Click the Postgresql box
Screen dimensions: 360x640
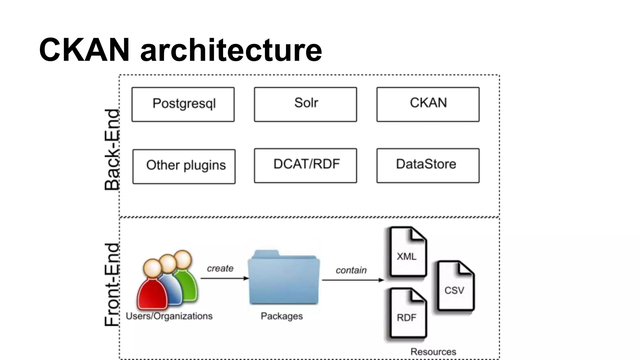click(x=183, y=104)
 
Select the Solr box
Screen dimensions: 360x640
click(x=305, y=104)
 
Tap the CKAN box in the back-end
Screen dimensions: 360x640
click(x=428, y=104)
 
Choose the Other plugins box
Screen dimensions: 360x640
click(x=184, y=166)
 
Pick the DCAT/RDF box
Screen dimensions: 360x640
click(x=305, y=166)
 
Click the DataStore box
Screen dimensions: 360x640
click(x=428, y=166)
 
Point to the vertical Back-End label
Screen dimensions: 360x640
click(x=112, y=149)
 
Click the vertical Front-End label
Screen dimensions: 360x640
click(x=112, y=284)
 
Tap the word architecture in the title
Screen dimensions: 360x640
click(x=231, y=50)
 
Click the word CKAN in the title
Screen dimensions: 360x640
click(x=84, y=50)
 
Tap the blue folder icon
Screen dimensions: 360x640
click(x=284, y=278)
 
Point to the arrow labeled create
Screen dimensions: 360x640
click(x=224, y=278)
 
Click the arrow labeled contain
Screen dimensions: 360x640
click(x=352, y=280)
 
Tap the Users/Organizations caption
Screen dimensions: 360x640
click(x=169, y=316)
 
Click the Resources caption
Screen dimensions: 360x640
click(x=433, y=352)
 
